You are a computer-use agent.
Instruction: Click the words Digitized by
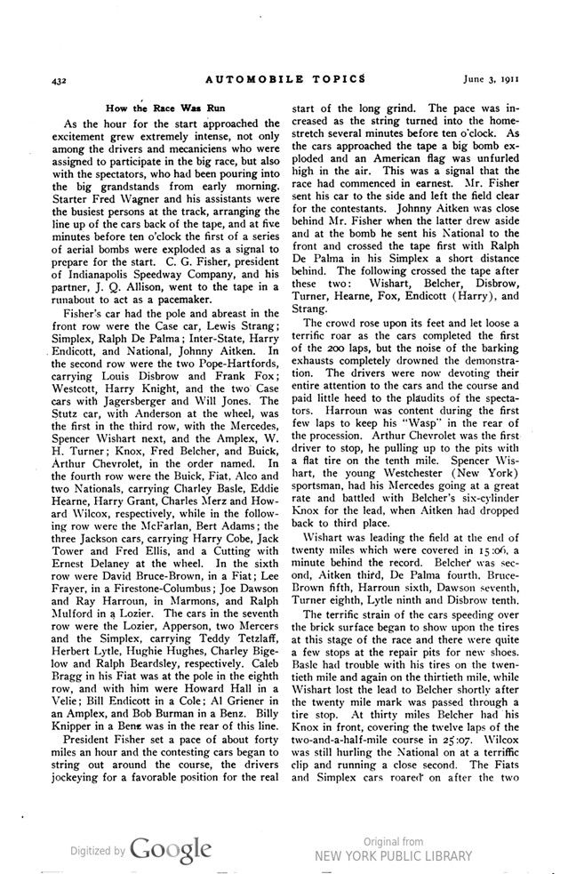[x=98, y=851]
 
